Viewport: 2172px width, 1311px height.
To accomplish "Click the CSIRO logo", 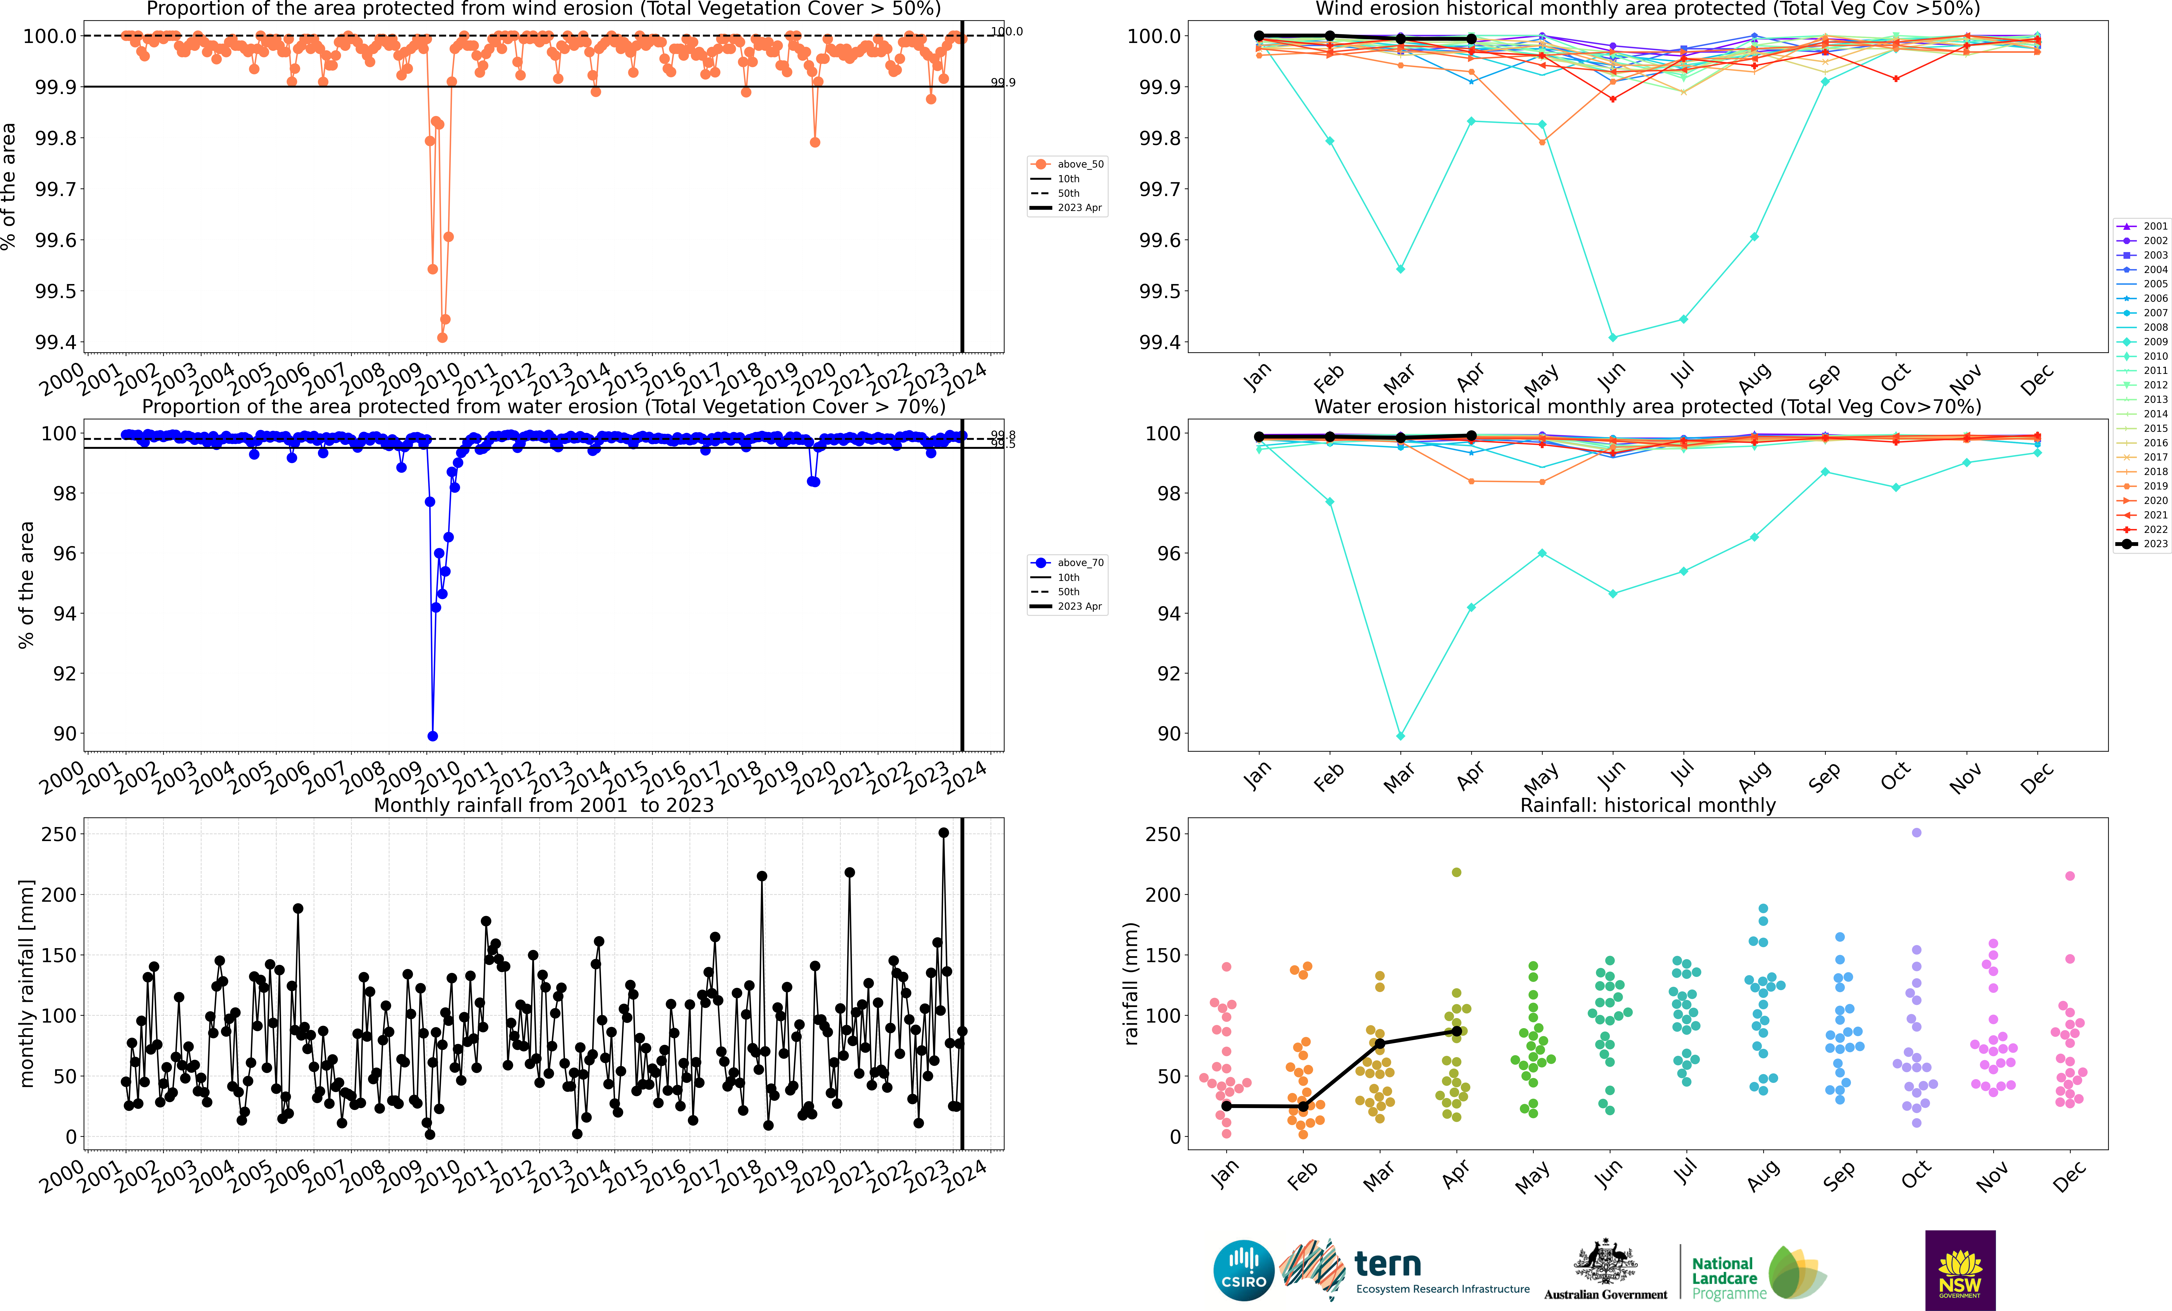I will [x=1244, y=1271].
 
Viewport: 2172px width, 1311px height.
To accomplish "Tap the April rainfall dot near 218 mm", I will [x=1456, y=872].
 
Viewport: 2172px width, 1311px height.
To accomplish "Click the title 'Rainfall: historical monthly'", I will [x=1647, y=805].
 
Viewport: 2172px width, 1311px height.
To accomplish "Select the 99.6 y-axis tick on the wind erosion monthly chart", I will [x=1160, y=240].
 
